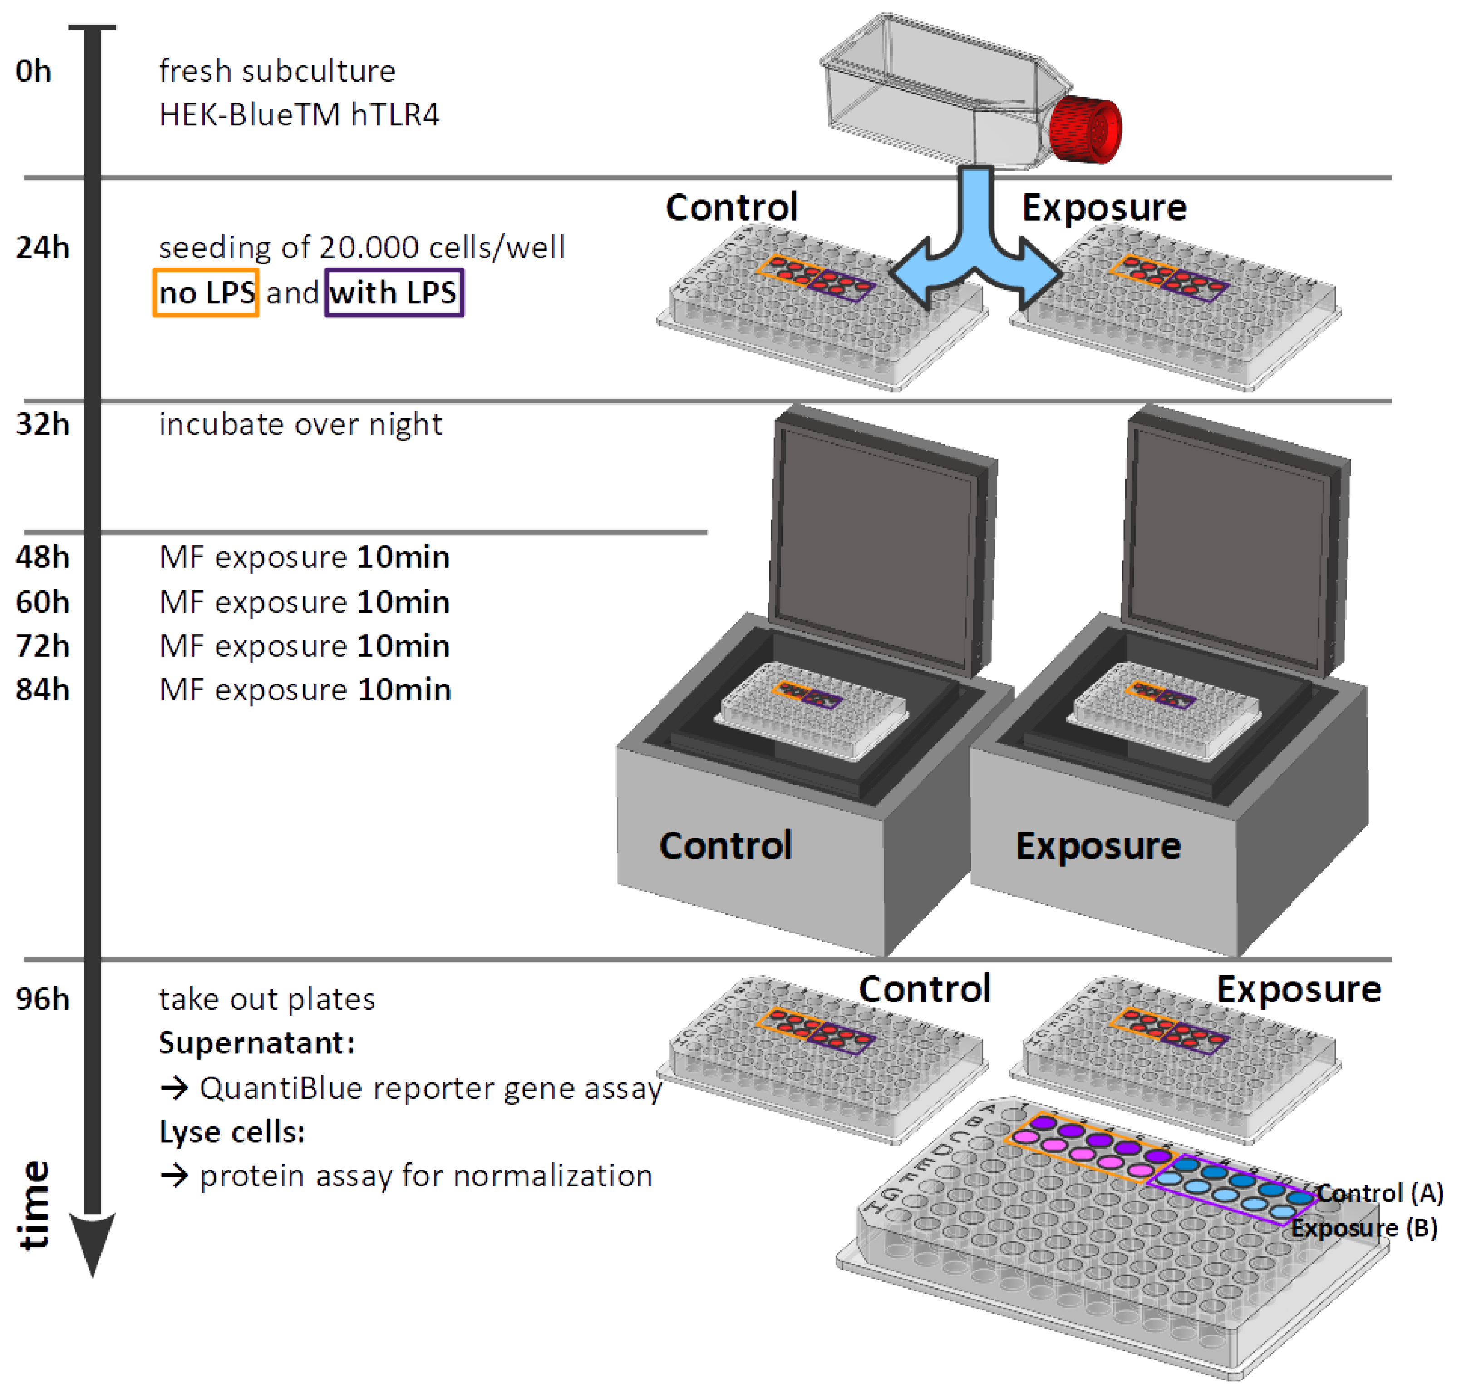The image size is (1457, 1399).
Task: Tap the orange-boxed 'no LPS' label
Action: point(206,293)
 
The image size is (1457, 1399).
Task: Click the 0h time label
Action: point(34,71)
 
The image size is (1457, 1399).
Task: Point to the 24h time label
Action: point(42,247)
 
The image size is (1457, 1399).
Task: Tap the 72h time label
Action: point(42,645)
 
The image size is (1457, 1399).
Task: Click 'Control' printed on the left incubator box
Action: point(725,846)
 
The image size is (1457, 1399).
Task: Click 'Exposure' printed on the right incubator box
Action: point(1098,846)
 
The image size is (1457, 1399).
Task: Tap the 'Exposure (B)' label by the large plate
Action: point(1363,1228)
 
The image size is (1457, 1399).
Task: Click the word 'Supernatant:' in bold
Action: point(256,1043)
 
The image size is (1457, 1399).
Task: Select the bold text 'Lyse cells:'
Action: point(232,1131)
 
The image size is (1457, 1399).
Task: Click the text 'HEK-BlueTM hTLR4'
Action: point(299,114)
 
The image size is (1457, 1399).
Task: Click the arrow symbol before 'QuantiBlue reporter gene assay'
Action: point(175,1088)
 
